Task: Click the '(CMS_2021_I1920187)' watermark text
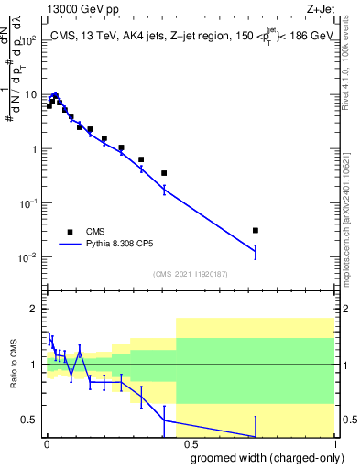[190, 274]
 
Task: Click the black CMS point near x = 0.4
[164, 173]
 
